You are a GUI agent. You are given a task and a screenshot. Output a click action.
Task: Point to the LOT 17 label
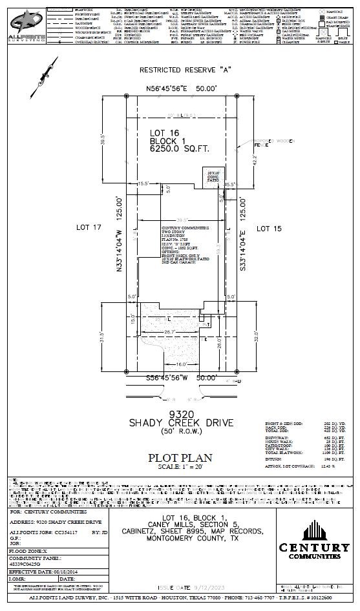pyautogui.click(x=90, y=228)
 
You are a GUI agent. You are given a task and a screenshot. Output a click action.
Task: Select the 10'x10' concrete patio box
pyautogui.click(x=214, y=176)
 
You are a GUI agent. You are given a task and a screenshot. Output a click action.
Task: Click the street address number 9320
pyautogui.click(x=178, y=413)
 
